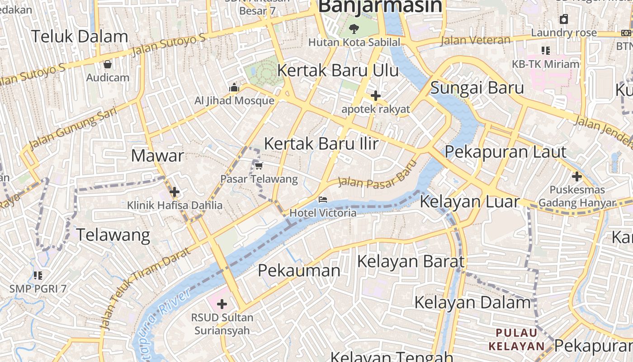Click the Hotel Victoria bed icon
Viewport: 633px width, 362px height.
pos(322,199)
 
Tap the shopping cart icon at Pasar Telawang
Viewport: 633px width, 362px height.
pos(259,166)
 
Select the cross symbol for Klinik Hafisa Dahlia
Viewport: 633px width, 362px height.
pos(175,192)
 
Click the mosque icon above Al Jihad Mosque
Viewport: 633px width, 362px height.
pos(234,88)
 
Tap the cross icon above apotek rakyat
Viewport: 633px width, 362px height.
pos(375,95)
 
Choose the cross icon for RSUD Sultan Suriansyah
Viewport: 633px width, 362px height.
pos(222,304)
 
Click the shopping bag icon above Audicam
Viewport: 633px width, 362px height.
pos(107,64)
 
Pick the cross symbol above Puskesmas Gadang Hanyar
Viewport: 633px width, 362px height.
pos(576,176)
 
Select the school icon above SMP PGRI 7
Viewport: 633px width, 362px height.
pos(38,275)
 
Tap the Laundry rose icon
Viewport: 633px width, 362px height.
pos(564,19)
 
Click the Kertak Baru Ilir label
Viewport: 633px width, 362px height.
pos(321,143)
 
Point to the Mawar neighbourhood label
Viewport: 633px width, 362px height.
pos(157,156)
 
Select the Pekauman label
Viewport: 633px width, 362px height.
pos(299,271)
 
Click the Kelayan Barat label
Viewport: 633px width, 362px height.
pos(411,261)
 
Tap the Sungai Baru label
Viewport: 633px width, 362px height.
pos(477,88)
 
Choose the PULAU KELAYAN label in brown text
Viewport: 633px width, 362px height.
pos(517,340)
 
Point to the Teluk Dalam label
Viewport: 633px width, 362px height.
pos(80,37)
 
